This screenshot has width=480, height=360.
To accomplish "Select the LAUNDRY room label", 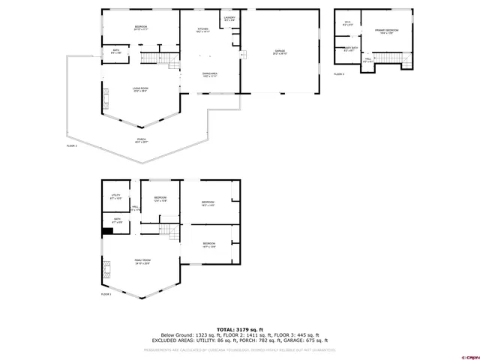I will coord(230,19).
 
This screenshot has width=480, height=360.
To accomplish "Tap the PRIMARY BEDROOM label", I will coord(387,31).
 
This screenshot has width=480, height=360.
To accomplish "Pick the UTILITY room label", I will coord(115,197).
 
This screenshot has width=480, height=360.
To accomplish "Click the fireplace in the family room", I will coord(107,268).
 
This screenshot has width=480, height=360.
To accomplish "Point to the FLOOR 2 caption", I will coord(72,145).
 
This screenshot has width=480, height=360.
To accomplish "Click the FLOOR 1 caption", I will coord(106,294).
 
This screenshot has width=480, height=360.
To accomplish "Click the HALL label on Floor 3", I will coord(368,60).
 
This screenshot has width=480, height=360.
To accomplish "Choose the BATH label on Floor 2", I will coord(114,52).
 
